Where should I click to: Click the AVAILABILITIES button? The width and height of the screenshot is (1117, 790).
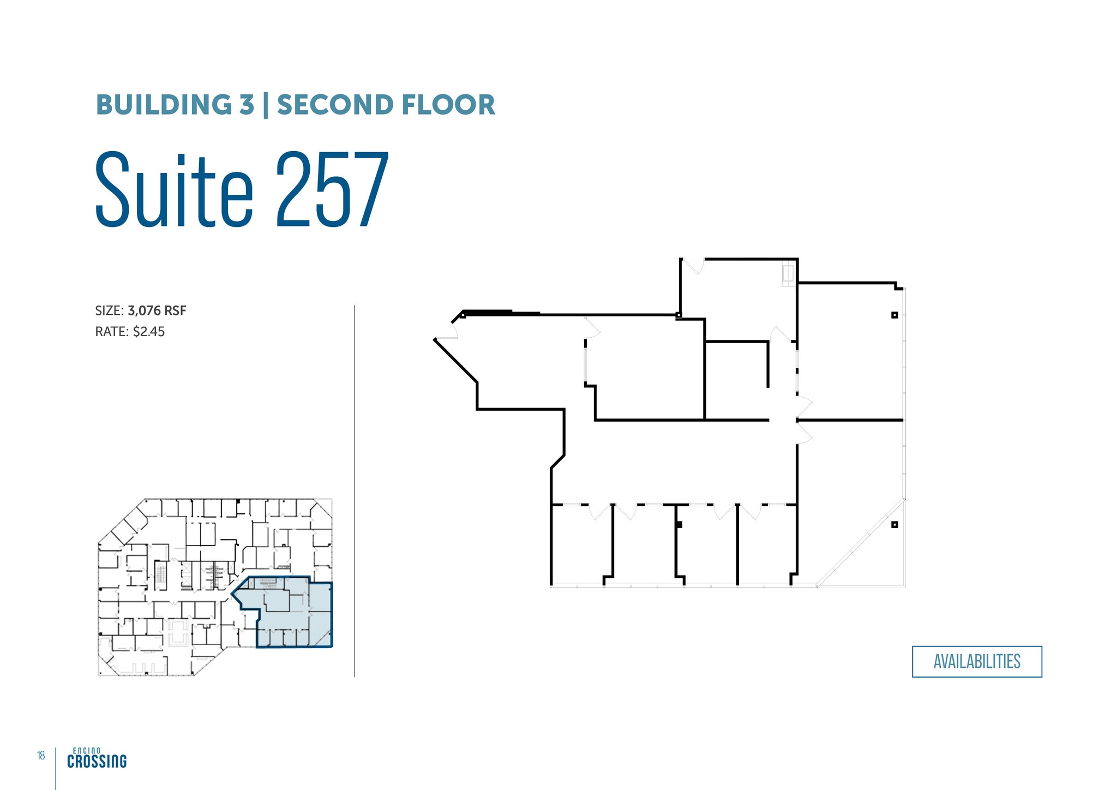977,661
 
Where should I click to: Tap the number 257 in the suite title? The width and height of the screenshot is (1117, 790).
333,189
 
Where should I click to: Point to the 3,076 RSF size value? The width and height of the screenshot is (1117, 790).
157,310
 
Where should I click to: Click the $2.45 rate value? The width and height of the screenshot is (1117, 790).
149,332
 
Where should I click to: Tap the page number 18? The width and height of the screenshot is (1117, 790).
41,756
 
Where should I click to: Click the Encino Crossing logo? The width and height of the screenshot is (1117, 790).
97,758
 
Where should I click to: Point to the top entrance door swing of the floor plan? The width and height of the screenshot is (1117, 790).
693,266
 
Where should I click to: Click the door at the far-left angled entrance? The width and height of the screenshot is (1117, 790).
447,331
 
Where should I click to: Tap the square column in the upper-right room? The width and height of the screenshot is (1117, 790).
894,315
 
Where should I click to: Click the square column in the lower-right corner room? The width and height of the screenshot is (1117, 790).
894,525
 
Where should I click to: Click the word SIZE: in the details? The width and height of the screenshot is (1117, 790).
110,310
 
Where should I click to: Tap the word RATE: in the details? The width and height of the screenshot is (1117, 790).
112,332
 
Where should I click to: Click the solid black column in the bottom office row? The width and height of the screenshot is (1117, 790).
679,525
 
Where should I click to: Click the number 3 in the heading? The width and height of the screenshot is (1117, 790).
247,105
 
